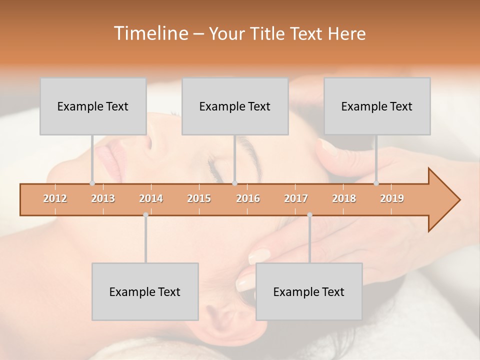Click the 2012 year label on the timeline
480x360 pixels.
click(x=55, y=198)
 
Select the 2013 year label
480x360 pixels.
click(x=103, y=198)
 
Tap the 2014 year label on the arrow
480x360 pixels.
click(x=151, y=198)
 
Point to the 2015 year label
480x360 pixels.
click(x=199, y=198)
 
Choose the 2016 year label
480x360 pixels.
click(x=248, y=198)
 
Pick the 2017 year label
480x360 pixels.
click(x=296, y=198)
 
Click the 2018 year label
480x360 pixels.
click(x=344, y=198)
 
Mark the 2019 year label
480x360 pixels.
click(x=392, y=198)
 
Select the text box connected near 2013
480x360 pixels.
click(x=93, y=106)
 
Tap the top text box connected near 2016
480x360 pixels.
click(x=235, y=106)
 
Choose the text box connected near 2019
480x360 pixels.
click(x=377, y=106)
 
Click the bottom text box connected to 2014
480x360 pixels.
click(x=145, y=291)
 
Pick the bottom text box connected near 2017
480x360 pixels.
click(x=309, y=291)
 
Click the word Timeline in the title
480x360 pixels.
click(x=149, y=33)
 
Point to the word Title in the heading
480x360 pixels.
click(x=270, y=34)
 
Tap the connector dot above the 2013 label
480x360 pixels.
click(x=92, y=183)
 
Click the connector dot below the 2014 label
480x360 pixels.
click(x=145, y=215)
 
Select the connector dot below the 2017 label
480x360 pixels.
click(x=309, y=215)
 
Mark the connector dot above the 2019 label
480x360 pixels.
click(x=376, y=183)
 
